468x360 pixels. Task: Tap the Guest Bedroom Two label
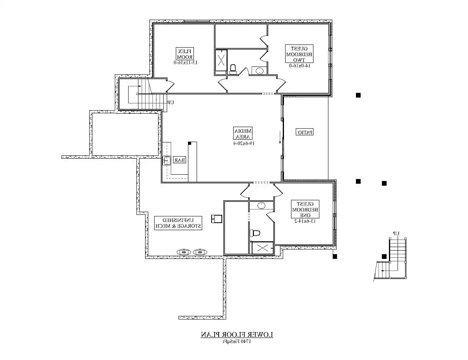299,54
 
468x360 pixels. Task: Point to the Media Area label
243,134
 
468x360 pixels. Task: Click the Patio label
305,132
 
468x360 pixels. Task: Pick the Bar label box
180,160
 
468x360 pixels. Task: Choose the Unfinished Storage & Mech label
178,223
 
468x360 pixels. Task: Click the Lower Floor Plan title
237,335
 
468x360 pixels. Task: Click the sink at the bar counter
167,161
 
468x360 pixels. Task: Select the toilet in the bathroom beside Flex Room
232,69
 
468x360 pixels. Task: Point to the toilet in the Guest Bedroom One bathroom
255,233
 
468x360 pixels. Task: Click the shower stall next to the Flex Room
221,61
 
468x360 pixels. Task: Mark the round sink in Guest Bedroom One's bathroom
262,205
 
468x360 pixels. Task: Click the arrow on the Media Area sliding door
280,138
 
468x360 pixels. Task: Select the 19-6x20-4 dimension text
243,144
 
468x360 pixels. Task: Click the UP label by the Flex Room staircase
170,102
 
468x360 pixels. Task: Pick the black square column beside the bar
190,143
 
